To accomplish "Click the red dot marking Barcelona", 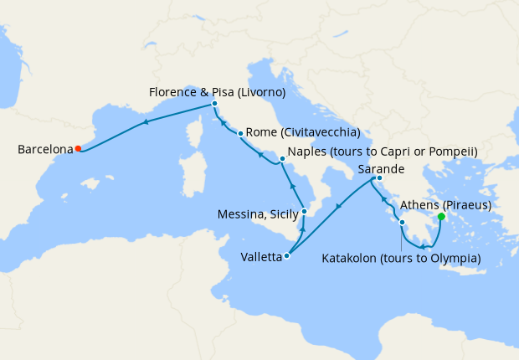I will (78, 149).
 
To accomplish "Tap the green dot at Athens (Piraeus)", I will (441, 216).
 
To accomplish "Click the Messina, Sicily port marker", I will (304, 212).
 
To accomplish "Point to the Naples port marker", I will (282, 157).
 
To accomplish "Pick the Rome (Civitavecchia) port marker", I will (240, 133).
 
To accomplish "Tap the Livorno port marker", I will (215, 104).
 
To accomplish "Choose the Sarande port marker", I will (379, 177).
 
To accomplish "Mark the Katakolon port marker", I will (403, 223).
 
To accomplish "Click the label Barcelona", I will (45, 150).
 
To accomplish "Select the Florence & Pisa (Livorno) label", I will (216, 91).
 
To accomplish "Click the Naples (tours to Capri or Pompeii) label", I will (382, 152).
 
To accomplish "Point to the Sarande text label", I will (382, 168).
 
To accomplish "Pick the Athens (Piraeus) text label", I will (445, 204).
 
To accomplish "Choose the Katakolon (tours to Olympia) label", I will (402, 258).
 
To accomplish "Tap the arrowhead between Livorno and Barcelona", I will (146, 122).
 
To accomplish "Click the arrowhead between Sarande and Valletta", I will (337, 206).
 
